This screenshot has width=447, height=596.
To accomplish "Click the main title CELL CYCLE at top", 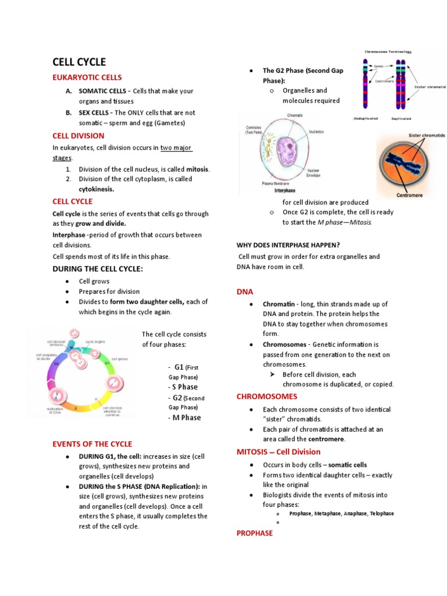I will pos(79,62).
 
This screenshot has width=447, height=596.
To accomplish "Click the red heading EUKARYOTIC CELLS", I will pos(87,77).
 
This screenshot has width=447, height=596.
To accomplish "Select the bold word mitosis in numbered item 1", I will pos(197,169).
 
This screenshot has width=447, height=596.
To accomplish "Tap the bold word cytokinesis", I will pos(97,189).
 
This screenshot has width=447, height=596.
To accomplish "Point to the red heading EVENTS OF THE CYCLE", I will pos(92,444).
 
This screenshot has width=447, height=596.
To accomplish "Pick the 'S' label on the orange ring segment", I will pos(76,409).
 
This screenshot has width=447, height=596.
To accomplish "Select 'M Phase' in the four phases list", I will pos(186,417).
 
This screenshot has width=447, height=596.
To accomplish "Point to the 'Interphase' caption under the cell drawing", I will pos(285,190).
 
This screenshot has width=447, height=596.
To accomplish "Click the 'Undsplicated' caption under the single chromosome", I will pos(366,118).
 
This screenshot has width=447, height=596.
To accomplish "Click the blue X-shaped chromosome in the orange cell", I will pos(408,164).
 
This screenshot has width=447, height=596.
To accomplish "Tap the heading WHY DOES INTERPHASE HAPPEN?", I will pos(288,244).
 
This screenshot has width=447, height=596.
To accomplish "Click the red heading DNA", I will pos(244,292).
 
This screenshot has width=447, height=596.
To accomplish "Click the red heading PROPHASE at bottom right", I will pos(254,533).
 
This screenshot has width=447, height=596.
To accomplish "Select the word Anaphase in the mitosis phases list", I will pos(355,513).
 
